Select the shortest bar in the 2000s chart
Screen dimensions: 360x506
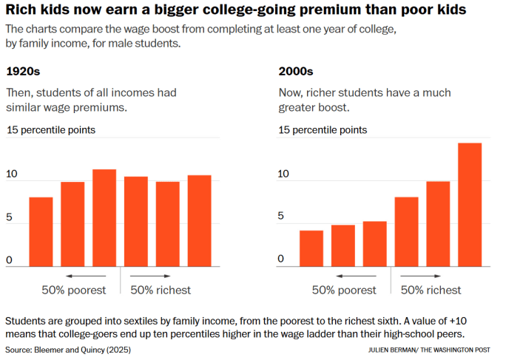tap(311, 248)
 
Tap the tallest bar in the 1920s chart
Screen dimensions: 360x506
tap(104, 218)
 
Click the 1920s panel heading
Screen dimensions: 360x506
tap(23, 72)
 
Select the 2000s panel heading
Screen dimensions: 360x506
tap(295, 72)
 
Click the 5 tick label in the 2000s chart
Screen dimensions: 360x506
tap(281, 217)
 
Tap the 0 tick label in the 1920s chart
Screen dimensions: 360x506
tap(10, 260)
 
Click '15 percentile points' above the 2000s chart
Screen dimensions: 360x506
tap(322, 130)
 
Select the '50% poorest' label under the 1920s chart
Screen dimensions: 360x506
tap(74, 290)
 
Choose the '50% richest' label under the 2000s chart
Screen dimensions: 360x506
tap(431, 290)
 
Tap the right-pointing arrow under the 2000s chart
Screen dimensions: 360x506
tap(414, 276)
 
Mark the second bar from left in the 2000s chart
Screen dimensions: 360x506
tap(343, 245)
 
